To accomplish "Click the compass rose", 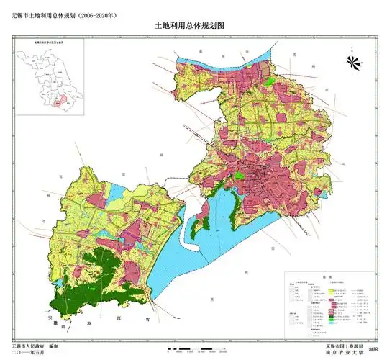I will [x=352, y=63].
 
